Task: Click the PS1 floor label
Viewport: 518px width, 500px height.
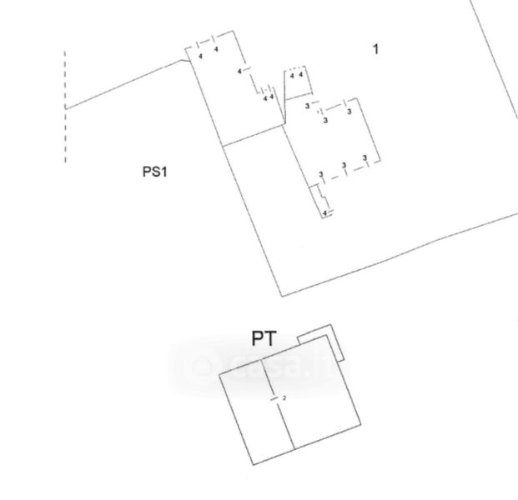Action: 155,172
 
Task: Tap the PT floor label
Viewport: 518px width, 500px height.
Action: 264,338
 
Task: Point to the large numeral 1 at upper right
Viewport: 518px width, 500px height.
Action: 375,49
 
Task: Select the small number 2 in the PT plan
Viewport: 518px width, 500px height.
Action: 284,399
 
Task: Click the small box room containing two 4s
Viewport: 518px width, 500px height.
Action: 297,81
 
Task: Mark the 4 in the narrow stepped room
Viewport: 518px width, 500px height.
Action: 324,213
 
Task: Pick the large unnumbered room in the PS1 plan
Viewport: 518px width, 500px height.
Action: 267,208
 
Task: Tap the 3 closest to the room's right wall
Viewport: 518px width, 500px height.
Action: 365,157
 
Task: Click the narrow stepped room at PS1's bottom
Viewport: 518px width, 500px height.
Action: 321,200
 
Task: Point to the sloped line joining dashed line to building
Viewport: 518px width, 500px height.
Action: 125,83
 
